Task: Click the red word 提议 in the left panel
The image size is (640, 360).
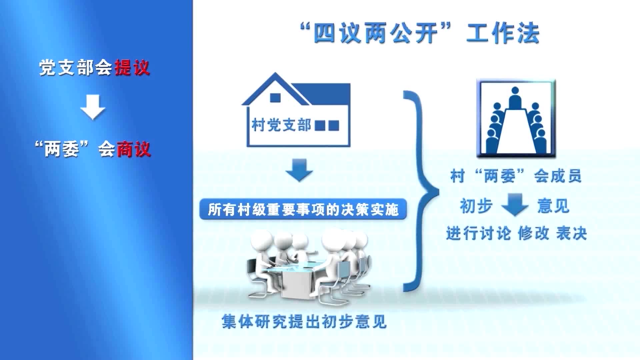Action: (x=132, y=68)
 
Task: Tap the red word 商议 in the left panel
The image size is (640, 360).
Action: (x=133, y=149)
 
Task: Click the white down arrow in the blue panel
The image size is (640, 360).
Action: (x=93, y=107)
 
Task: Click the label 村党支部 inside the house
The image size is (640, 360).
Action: (x=281, y=125)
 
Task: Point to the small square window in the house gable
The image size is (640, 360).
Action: (x=275, y=98)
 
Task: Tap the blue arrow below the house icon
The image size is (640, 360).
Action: (x=299, y=170)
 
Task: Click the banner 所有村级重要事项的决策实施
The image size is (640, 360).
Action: (x=303, y=209)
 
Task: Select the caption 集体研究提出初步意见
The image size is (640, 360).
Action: (x=304, y=321)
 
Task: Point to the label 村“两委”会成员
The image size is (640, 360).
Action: (x=516, y=176)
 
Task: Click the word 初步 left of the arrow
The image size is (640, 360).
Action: (x=476, y=205)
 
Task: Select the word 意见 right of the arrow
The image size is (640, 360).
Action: (x=553, y=205)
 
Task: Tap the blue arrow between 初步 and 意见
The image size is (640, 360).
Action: (x=515, y=204)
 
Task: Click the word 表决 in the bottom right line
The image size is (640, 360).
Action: (x=571, y=233)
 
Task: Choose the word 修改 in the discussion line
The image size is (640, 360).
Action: (x=533, y=233)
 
